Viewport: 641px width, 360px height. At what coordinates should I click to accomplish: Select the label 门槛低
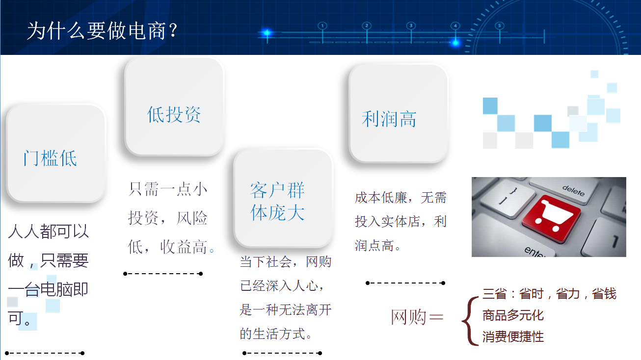tap(50, 158)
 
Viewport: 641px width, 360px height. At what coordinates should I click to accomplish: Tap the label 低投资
tap(174, 115)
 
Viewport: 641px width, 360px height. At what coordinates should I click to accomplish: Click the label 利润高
tap(389, 119)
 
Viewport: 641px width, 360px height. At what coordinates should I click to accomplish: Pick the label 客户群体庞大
tap(278, 202)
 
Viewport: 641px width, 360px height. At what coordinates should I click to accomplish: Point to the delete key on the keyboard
tap(573, 190)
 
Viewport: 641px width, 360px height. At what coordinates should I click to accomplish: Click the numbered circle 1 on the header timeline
tap(322, 26)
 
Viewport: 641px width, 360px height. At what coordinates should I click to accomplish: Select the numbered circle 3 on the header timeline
tap(411, 26)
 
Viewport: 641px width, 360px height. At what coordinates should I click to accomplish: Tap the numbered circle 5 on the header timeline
tap(500, 26)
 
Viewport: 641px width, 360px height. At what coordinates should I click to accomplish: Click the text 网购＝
tap(417, 317)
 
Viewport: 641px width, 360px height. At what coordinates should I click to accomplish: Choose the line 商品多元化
tap(513, 315)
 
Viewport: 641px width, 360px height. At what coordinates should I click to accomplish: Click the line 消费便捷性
tap(513, 337)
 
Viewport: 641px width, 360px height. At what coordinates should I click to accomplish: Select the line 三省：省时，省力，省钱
tap(549, 294)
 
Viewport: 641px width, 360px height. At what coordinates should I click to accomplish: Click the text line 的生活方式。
tap(276, 334)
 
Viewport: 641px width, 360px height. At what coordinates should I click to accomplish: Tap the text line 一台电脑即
tap(48, 289)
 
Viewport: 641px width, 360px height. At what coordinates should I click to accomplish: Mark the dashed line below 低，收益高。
tap(163, 274)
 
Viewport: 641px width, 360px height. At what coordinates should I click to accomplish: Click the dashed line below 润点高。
tap(405, 283)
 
